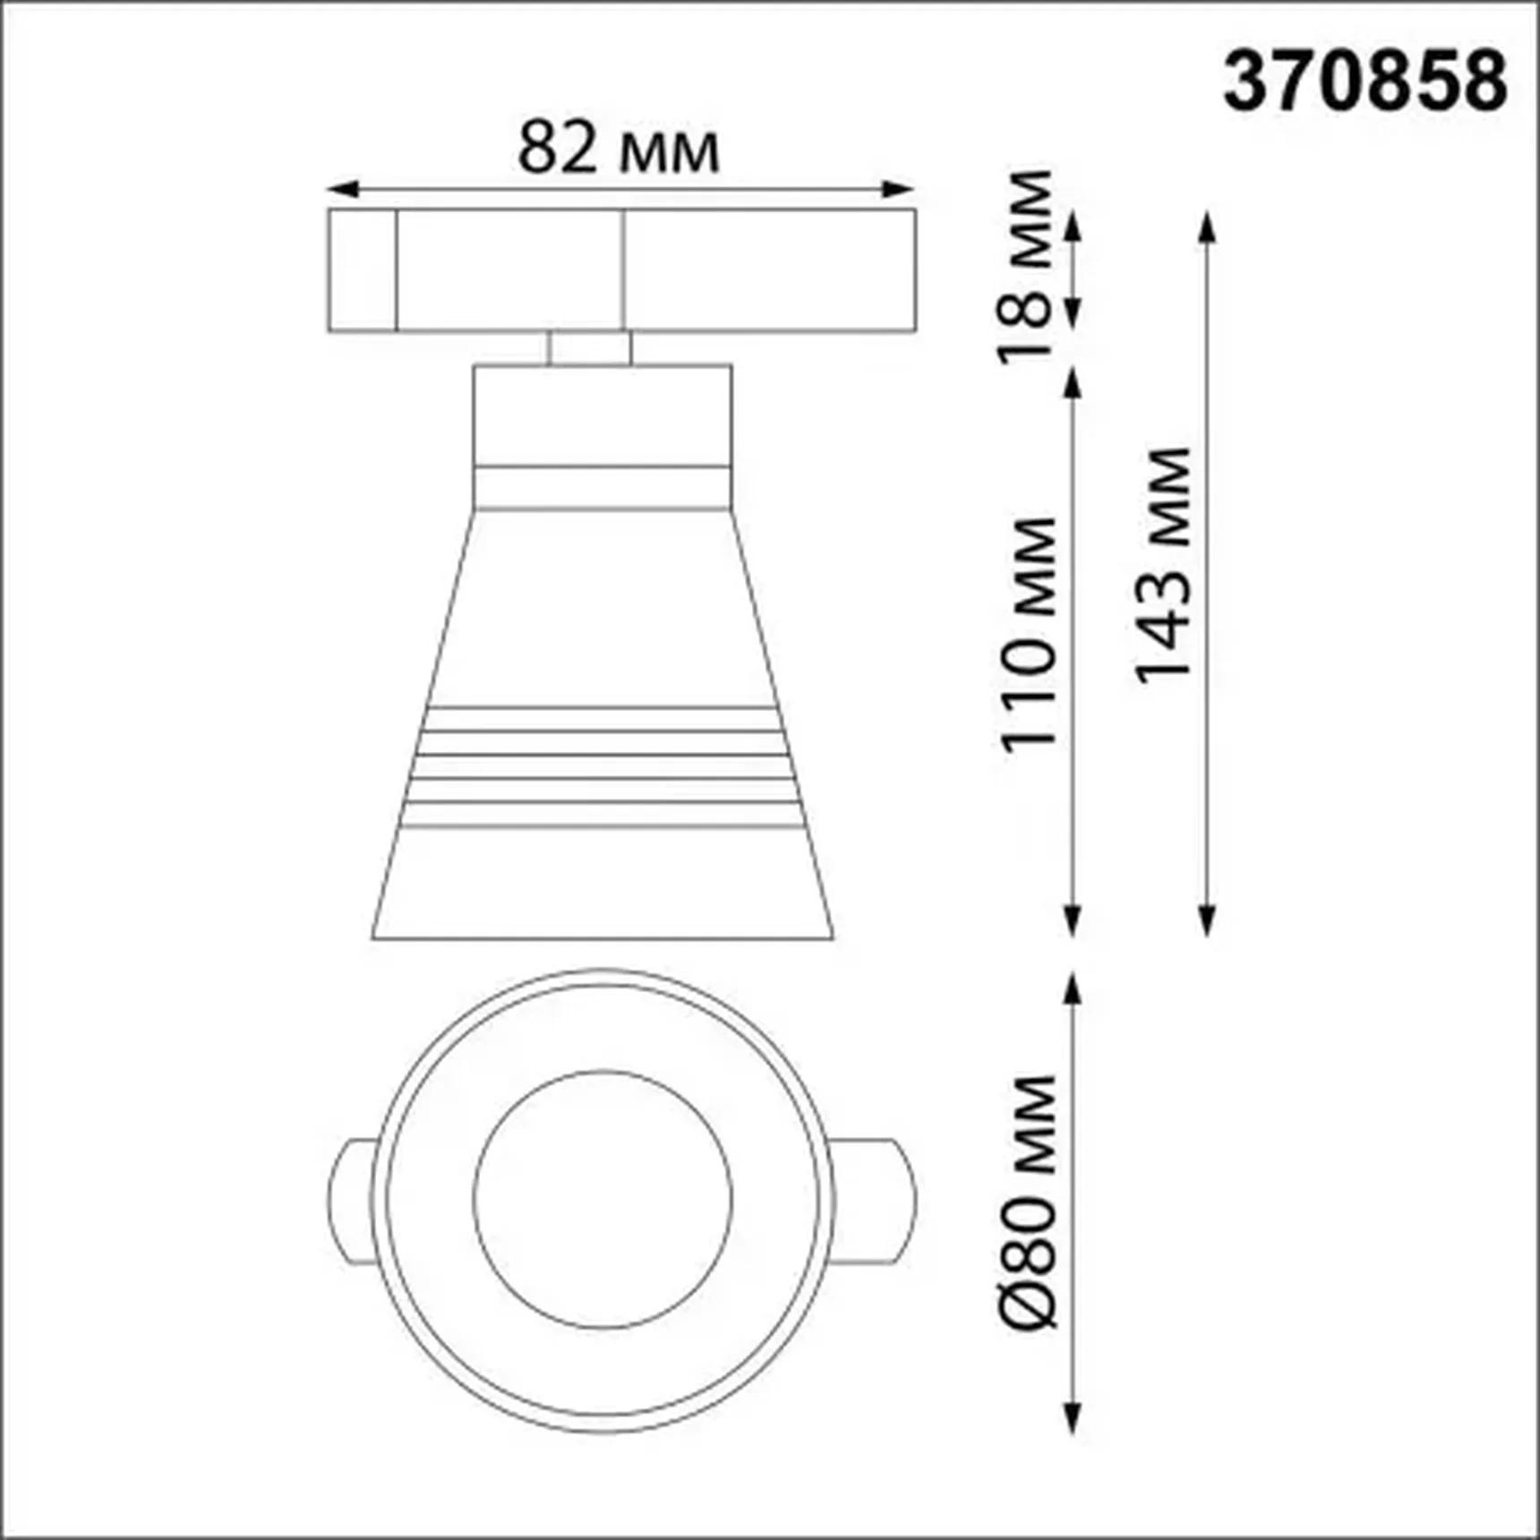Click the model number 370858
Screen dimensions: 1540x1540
click(1365, 81)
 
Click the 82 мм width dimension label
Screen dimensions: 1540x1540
click(618, 148)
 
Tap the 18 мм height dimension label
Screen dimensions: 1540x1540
click(1026, 264)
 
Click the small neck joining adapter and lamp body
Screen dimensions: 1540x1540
click(589, 347)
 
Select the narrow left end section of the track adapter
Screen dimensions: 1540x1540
click(362, 270)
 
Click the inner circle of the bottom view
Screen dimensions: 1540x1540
click(602, 1200)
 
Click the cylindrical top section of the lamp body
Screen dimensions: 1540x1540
click(602, 415)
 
